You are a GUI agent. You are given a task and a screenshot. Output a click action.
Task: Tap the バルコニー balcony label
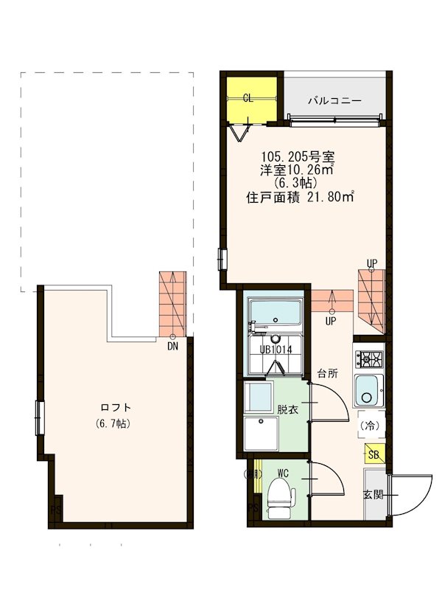tap(334, 99)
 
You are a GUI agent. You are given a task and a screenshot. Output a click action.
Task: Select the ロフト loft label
tap(116, 407)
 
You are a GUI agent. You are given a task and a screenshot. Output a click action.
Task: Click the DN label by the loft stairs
tap(172, 345)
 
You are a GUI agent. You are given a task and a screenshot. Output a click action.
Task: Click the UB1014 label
tap(277, 350)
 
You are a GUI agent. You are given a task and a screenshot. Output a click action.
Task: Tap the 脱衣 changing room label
tap(288, 409)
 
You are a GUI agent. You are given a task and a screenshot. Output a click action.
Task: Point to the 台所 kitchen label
tap(328, 373)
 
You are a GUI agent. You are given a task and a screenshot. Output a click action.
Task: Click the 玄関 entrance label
tap(373, 495)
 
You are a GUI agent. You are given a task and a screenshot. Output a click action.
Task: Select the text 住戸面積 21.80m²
tap(300, 197)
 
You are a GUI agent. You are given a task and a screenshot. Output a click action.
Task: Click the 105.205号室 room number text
tap(298, 156)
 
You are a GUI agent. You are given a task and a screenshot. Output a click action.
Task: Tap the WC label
tap(284, 473)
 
